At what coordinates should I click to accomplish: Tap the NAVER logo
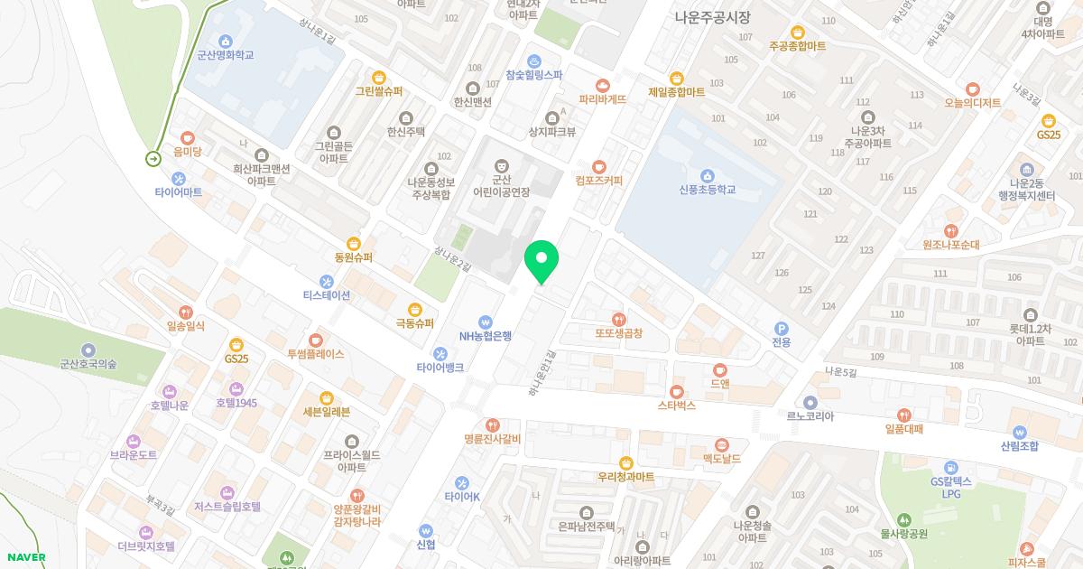(25, 557)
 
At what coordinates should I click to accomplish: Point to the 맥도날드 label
(722, 459)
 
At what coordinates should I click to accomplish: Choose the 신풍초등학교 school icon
(708, 174)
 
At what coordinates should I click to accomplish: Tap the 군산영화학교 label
(226, 55)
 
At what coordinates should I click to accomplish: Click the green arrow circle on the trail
(153, 159)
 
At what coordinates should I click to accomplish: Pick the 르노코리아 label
(810, 417)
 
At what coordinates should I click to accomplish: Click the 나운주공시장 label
(713, 17)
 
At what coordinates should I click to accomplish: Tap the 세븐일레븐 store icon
(327, 397)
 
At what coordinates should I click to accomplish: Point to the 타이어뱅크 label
(440, 368)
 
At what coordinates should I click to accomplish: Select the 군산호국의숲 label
(88, 364)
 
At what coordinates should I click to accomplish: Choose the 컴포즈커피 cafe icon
(599, 166)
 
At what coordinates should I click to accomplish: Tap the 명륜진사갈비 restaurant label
(493, 439)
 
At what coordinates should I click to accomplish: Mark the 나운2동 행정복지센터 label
(1026, 190)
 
